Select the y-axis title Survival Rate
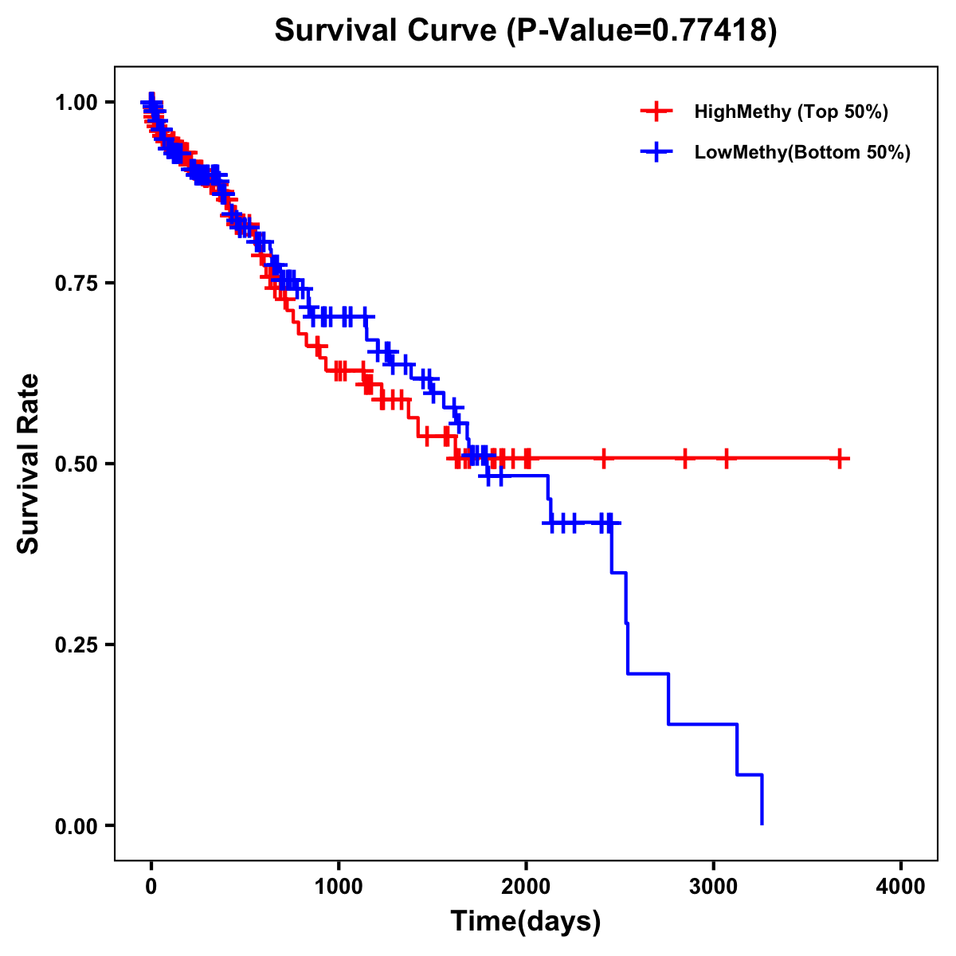pos(29,464)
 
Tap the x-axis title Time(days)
pos(526,922)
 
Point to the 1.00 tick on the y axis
pos(76,102)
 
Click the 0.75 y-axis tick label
pos(76,283)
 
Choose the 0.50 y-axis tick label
pos(76,464)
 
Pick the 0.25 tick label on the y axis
pos(76,645)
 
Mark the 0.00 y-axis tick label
pos(76,825)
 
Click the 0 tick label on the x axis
pos(151,887)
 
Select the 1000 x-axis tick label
pos(339,887)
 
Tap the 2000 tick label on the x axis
pos(526,887)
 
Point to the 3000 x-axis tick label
pos(714,887)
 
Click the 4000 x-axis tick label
pos(901,887)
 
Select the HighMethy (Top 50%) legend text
pos(791,112)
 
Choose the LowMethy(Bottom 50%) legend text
pos(802,153)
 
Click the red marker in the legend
pos(656,112)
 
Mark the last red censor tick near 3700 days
pos(840,459)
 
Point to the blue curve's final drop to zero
pos(762,800)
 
